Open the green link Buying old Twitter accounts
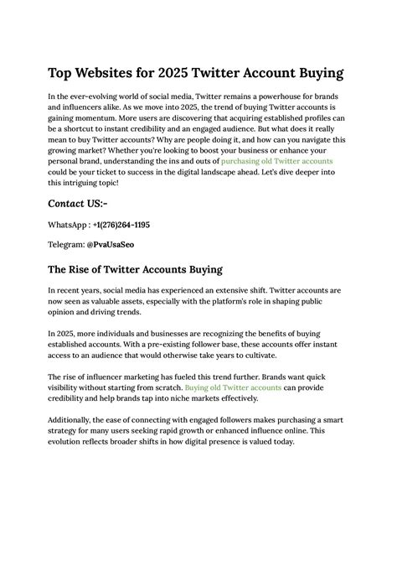234,388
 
